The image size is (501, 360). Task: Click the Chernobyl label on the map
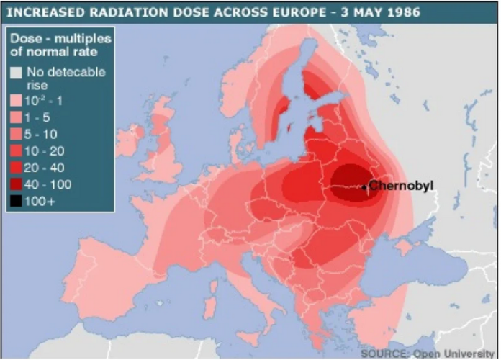point(404,186)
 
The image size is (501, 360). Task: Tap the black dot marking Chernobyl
point(364,187)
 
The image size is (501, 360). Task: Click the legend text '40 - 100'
point(48,185)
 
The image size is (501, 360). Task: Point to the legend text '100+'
point(40,202)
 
